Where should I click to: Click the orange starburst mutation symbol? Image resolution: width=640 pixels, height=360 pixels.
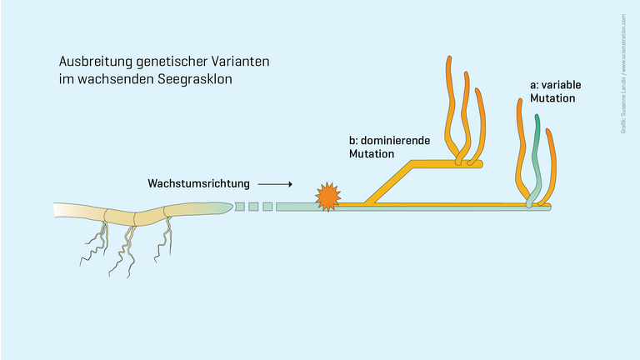(327, 197)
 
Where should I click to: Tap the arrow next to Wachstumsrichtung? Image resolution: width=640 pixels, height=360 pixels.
(275, 182)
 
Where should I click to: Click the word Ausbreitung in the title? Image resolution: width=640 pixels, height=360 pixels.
(92, 62)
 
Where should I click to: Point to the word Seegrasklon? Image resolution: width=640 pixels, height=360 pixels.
(196, 81)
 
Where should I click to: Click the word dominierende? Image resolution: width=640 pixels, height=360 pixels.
(396, 141)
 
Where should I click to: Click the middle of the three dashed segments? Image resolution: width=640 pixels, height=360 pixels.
(253, 206)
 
